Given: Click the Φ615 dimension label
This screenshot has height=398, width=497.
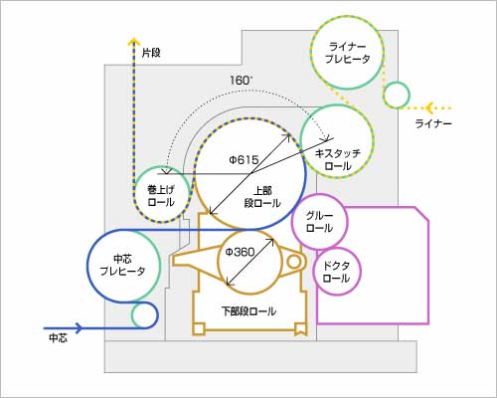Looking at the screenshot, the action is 244,160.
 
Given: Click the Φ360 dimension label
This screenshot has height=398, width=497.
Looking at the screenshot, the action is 240,253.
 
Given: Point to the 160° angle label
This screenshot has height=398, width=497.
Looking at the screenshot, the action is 241,81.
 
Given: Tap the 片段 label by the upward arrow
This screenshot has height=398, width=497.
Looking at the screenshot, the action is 151,53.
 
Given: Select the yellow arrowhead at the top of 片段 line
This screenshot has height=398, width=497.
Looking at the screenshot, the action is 134,41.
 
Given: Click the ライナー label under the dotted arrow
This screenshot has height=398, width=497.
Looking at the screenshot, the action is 433,124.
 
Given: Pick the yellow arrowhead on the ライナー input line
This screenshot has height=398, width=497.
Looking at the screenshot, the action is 429,107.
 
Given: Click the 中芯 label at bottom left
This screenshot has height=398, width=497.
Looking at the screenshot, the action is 59,338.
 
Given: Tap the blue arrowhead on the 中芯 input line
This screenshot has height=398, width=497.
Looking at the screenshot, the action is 79,328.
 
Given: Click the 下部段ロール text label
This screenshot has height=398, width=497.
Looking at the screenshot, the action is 248,311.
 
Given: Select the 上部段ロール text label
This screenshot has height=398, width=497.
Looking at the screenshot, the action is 262,197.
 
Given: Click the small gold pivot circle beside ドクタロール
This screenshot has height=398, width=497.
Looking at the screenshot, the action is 293,262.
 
